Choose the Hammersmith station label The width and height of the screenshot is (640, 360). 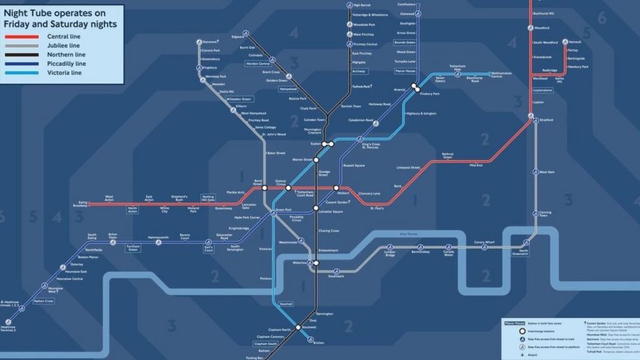pos(158,237)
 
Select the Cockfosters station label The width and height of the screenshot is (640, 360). pos(406,4)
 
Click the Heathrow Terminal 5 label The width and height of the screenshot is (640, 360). pos(8,327)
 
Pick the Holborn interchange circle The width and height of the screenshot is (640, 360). pos(336,188)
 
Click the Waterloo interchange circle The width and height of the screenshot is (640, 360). pos(316,263)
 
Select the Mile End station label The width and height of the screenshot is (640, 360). pos(476,165)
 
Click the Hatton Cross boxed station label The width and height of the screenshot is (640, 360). pos(44,301)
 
